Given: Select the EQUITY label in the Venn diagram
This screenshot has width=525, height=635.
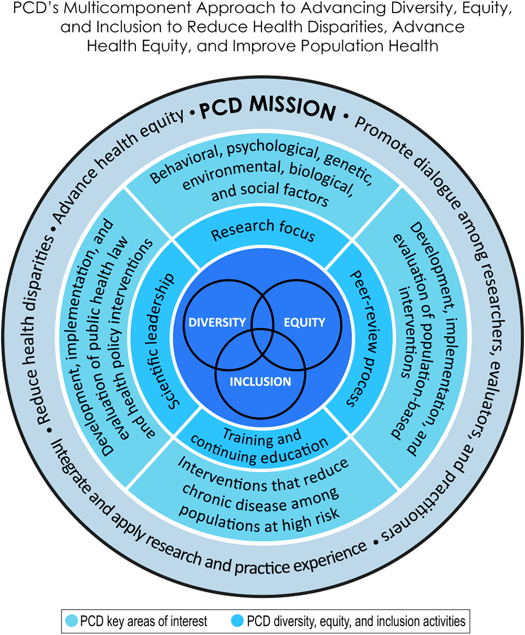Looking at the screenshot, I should pyautogui.click(x=304, y=322).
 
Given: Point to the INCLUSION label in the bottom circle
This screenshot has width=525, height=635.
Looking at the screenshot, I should pyautogui.click(x=260, y=381).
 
